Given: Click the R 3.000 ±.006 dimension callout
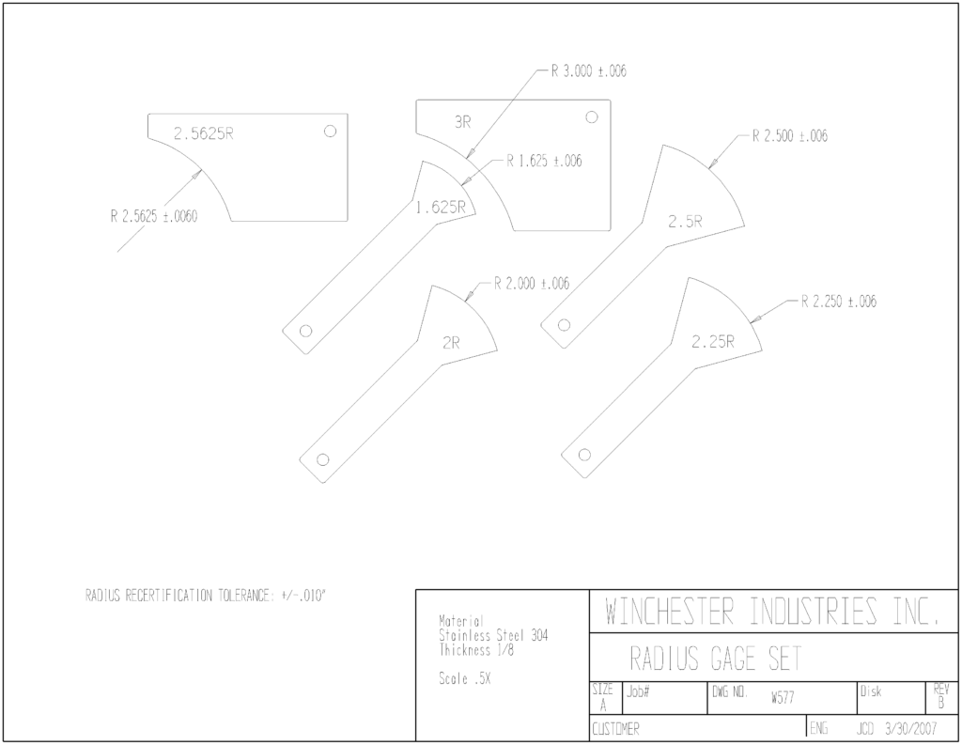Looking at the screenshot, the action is [588, 71].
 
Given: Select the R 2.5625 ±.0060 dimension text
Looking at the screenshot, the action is [154, 216].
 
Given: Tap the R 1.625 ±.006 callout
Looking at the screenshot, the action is [544, 161].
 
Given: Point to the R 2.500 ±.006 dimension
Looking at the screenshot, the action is [790, 135].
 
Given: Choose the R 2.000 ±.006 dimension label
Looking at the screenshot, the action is [532, 284].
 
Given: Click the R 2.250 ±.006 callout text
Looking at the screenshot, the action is [839, 302].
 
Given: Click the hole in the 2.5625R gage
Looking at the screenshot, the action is [330, 131].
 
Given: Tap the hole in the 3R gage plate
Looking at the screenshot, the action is [592, 116].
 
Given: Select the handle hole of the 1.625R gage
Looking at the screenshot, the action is [305, 332].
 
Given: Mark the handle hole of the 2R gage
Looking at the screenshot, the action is [323, 459].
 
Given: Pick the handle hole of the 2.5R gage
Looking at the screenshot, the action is [564, 325].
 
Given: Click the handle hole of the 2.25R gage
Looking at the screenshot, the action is [584, 455].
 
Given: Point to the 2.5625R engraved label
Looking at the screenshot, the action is [204, 133].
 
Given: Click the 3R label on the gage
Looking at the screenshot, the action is [462, 122].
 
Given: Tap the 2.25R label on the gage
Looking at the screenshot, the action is [713, 342].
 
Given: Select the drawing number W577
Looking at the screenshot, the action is [783, 698].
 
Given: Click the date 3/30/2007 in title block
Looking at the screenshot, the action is [911, 729].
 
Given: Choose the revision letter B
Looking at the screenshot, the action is [941, 704].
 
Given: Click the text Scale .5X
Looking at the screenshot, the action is [464, 678].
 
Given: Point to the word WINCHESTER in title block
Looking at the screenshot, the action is [669, 611].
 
